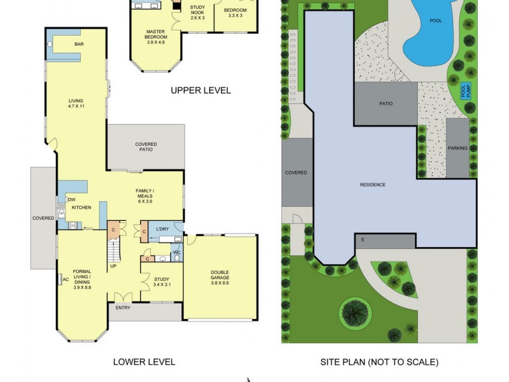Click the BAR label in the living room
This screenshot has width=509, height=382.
pyautogui.click(x=79, y=44)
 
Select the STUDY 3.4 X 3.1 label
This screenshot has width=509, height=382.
pyautogui.click(x=162, y=281)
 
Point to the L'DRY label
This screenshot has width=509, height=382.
pyautogui.click(x=162, y=230)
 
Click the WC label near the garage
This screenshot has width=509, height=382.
pyautogui.click(x=176, y=253)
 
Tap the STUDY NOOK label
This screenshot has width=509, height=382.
pyautogui.click(x=198, y=11)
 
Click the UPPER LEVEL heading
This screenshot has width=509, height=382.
pyautogui.click(x=200, y=90)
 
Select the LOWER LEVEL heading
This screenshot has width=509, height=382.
pyautogui.click(x=144, y=362)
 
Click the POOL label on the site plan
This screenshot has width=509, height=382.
pyautogui.click(x=436, y=20)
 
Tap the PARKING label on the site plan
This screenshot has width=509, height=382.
pyautogui.click(x=457, y=148)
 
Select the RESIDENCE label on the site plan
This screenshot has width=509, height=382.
pyautogui.click(x=372, y=185)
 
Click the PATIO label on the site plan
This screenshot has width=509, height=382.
pyautogui.click(x=386, y=103)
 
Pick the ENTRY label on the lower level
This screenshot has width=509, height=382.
pyautogui.click(x=123, y=308)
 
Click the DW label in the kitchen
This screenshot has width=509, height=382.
pyautogui.click(x=72, y=199)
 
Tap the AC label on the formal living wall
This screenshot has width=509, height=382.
pyautogui.click(x=65, y=279)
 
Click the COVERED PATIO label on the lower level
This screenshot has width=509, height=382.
pyautogui.click(x=146, y=148)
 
